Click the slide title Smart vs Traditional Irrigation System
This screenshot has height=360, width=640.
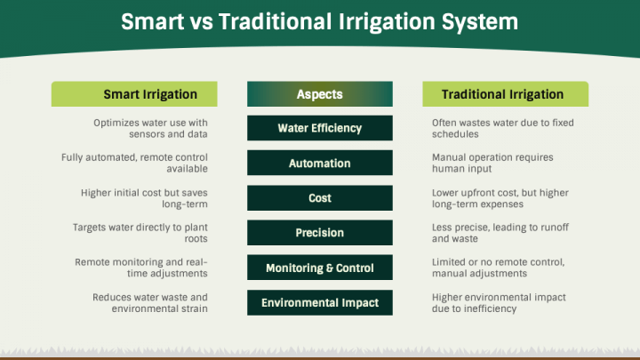(x=320, y=21)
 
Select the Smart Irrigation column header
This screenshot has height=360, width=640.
(x=134, y=94)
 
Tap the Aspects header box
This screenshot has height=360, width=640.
(x=320, y=94)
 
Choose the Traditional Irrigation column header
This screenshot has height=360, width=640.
(x=505, y=94)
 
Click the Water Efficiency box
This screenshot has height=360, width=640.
(x=320, y=128)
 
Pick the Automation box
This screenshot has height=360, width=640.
(x=320, y=163)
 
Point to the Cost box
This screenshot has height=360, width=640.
(x=320, y=198)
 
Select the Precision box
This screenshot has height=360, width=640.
(x=320, y=233)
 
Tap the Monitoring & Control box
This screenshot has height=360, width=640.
(x=320, y=268)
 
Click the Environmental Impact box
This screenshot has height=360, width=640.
(x=320, y=302)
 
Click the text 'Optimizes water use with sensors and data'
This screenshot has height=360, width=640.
(x=150, y=129)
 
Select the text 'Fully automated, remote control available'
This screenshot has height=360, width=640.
(x=135, y=163)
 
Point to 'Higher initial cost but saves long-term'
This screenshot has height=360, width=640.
(x=145, y=198)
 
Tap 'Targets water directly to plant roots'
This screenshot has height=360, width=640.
(x=140, y=233)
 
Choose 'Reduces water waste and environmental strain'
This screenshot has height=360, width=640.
(x=150, y=303)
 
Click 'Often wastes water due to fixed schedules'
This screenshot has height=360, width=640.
(x=503, y=129)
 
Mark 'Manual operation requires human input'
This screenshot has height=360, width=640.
(x=492, y=163)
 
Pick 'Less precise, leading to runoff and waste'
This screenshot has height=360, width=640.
(x=500, y=233)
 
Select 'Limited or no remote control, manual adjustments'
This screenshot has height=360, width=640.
(x=499, y=268)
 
